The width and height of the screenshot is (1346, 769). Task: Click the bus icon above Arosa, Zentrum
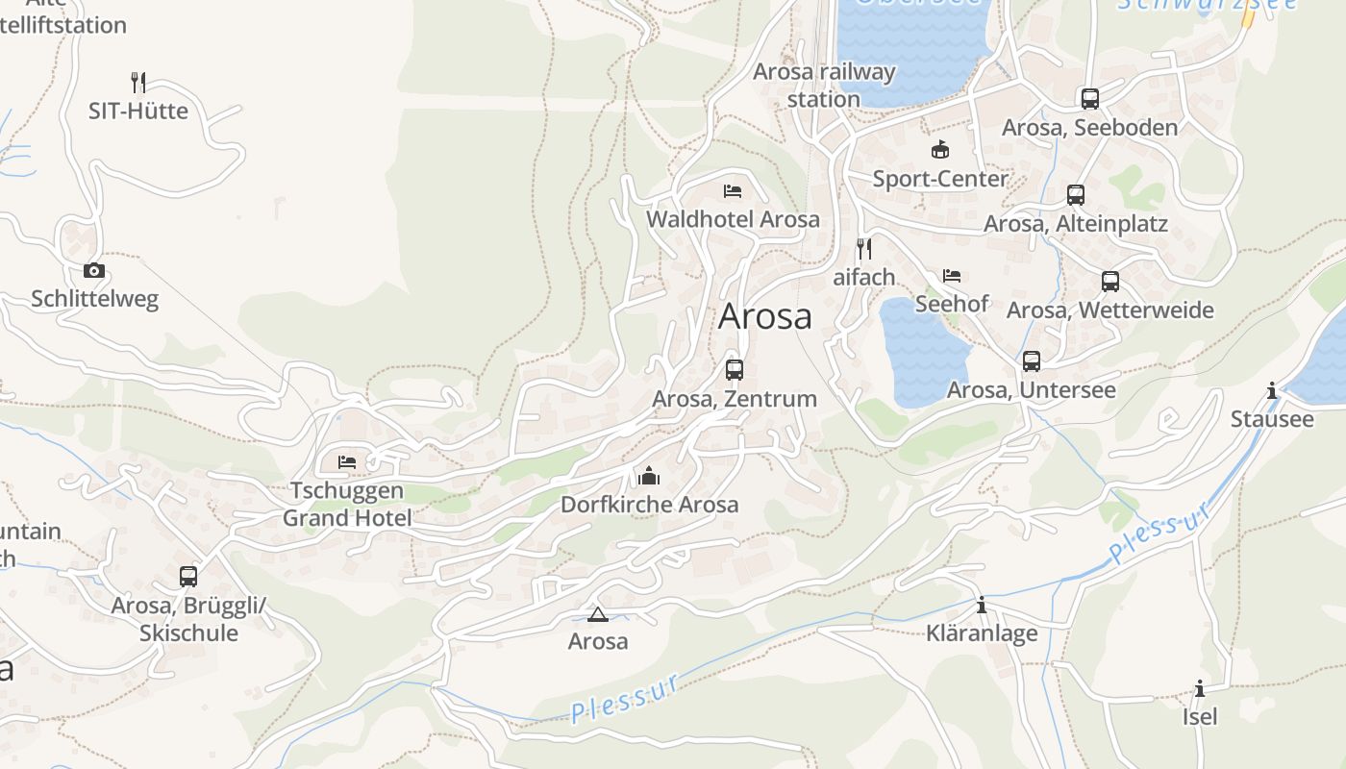(735, 369)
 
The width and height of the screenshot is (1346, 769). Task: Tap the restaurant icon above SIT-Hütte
(138, 82)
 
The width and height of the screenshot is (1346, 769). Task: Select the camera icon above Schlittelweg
(93, 270)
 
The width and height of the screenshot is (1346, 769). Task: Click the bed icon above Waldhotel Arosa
(733, 190)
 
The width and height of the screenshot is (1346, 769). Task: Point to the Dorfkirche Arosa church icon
(649, 476)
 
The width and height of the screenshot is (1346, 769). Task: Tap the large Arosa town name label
(764, 316)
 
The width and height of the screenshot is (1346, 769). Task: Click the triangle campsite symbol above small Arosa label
(597, 614)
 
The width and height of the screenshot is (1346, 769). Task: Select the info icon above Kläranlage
(982, 605)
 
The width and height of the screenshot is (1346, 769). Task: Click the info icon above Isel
(1200, 688)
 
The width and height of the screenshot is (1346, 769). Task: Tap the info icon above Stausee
(1272, 390)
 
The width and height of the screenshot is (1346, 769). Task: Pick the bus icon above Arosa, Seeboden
(1089, 98)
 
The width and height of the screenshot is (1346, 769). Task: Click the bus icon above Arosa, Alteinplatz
(1075, 195)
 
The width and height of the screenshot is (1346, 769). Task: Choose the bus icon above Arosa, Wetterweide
(1109, 282)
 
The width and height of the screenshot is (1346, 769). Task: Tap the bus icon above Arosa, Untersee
(1032, 361)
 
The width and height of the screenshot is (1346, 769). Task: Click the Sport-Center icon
(939, 149)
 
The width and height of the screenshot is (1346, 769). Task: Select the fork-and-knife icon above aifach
(863, 249)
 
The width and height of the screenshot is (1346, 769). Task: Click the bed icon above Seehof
(952, 276)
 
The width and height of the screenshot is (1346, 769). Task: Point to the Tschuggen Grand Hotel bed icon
(347, 462)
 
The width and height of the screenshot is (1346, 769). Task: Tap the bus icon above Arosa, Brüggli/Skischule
(188, 577)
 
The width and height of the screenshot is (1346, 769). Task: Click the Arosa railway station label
(823, 85)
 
